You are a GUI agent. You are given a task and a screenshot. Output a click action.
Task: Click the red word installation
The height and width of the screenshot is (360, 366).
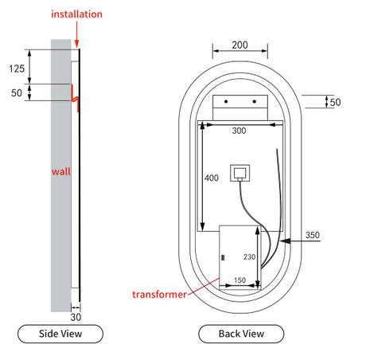coord(76,14)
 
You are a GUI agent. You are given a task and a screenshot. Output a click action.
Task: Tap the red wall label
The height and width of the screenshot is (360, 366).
coord(61,171)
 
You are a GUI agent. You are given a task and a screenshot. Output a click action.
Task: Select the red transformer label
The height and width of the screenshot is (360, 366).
coord(159,295)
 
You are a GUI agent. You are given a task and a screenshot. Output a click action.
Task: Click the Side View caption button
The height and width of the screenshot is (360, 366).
coord(60,334)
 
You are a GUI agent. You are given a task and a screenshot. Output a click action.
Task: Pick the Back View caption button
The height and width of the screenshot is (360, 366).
coord(241,334)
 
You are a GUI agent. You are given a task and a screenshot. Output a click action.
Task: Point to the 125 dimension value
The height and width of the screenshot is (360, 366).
coord(17,68)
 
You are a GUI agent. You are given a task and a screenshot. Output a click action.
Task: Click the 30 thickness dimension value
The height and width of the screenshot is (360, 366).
coord(76,317)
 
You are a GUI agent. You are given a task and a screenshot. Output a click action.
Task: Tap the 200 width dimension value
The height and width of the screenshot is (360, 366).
coord(239,45)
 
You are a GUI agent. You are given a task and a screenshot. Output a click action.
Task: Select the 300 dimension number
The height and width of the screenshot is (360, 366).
coord(239,131)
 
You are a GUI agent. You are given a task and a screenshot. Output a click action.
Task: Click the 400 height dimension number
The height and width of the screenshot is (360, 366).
coord(212,178)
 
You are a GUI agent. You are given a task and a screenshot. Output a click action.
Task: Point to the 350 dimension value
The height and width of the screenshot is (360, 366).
coord(313,235)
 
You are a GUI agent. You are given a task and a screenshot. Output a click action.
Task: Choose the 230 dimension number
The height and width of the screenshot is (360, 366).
coord(249,256)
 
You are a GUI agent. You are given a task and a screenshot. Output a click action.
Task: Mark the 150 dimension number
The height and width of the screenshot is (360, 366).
coord(239,280)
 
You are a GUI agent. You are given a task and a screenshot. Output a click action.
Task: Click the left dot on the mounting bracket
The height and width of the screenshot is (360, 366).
coord(226,101)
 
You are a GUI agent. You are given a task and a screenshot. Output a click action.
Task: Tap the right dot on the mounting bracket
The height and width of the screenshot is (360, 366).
coord(255,101)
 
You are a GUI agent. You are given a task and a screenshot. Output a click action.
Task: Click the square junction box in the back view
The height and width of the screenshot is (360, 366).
coord(240,173)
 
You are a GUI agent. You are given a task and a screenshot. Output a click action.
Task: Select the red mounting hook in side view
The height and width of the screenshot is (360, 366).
coord(75,98)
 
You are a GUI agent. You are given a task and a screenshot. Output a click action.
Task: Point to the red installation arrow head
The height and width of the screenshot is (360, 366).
coord(77,44)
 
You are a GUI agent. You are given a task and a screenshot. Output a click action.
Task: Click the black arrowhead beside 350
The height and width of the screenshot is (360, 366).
coord(285,241)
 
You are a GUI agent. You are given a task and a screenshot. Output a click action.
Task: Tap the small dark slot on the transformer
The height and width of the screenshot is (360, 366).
coord(223,257)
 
